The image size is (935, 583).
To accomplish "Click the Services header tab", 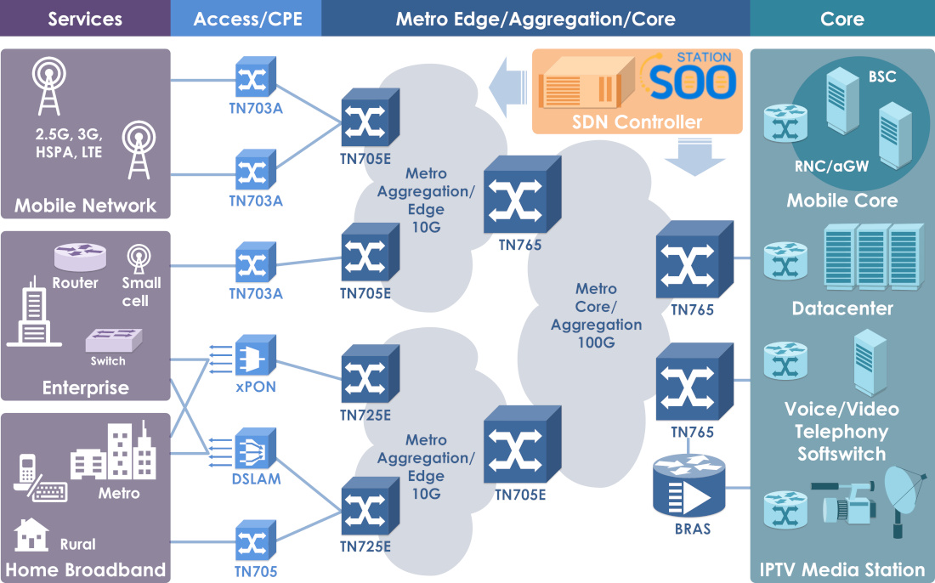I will (x=85, y=19).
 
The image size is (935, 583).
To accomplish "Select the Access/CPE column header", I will (x=247, y=19).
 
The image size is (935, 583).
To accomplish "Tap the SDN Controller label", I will (x=637, y=122).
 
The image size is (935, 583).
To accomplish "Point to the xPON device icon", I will (x=255, y=357).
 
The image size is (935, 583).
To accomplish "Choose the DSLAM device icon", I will (x=255, y=449).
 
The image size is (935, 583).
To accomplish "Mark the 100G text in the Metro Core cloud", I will (x=596, y=342).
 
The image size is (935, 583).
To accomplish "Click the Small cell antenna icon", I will (x=139, y=258).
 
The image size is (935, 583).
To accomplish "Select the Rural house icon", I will (x=31, y=535).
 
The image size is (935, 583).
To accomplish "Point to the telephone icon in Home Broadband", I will (x=27, y=473).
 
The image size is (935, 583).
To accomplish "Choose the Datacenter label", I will (x=842, y=308).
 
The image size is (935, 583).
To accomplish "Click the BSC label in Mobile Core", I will (x=881, y=77).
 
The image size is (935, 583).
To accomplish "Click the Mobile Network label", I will (x=85, y=206).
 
